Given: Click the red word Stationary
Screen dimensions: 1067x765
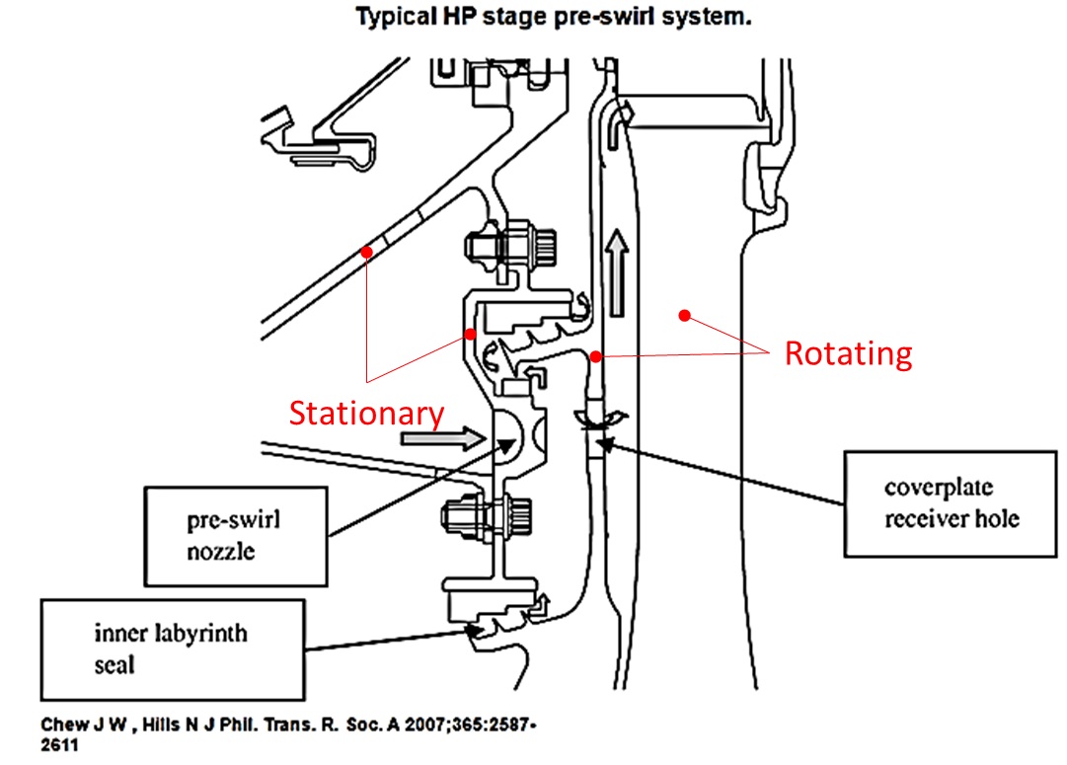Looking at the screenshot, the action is point(366,414).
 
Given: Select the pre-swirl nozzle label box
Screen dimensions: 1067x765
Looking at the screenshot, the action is point(236,536).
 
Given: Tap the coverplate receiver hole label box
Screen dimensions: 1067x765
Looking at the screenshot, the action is point(950,503).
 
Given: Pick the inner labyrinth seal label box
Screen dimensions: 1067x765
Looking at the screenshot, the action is point(173,650).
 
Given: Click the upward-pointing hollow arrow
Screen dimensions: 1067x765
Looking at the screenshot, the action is point(617,272).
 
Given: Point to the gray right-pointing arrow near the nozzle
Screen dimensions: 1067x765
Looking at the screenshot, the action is point(443,437).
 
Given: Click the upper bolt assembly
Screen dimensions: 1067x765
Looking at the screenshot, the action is point(510,245).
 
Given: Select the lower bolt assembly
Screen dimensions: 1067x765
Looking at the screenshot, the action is point(487,518).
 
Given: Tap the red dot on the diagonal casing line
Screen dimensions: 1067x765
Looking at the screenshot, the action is point(367,253).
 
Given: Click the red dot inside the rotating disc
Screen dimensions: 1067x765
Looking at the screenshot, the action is point(685,315).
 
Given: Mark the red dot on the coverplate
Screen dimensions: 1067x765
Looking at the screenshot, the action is point(595,356).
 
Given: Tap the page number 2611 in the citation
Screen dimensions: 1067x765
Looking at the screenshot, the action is point(59,744).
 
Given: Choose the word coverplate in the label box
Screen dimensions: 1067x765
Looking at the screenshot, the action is point(939,488).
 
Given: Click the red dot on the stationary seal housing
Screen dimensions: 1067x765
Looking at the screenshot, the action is point(470,335).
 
